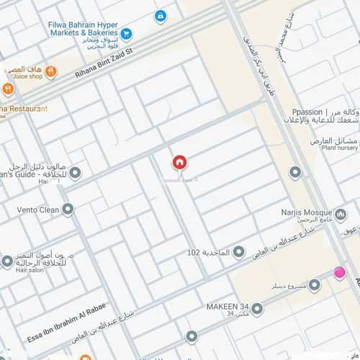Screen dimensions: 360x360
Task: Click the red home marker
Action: [179, 163]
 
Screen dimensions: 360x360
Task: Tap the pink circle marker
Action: [339, 272]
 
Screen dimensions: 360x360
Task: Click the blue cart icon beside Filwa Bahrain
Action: [127, 33]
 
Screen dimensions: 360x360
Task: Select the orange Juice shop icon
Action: [53, 71]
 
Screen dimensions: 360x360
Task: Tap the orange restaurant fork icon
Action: [8, 89]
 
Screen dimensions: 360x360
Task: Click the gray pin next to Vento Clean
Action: [68, 210]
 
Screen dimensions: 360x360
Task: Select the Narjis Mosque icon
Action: [341, 214]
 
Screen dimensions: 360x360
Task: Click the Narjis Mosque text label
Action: [300, 213]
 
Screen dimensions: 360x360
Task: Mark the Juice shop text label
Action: [28, 76]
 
